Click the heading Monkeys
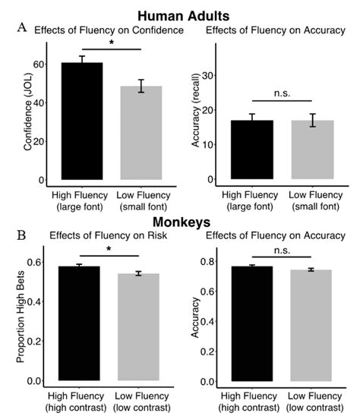tap(179, 223)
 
